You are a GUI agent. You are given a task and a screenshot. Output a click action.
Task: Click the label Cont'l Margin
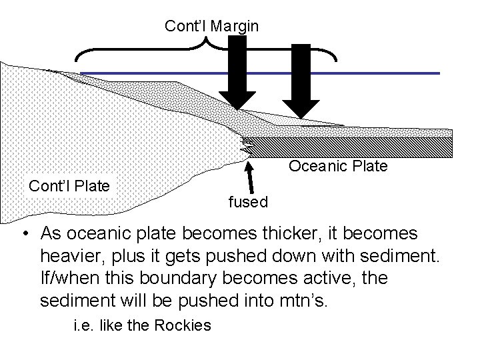[212, 26]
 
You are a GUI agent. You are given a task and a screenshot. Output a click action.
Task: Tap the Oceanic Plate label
[337, 166]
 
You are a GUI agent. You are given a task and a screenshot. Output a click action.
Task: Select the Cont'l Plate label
[69, 185]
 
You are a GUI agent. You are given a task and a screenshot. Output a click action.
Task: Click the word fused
[248, 201]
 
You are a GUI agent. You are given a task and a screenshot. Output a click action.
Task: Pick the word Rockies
[183, 326]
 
